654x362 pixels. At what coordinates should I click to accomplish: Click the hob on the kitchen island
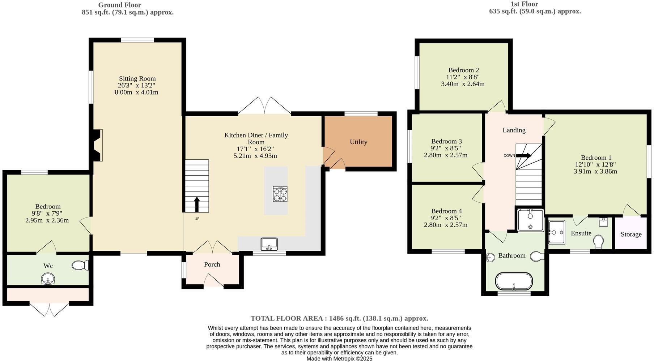pyautogui.click(x=280, y=194)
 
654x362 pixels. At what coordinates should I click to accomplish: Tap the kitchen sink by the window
pyautogui.click(x=269, y=244)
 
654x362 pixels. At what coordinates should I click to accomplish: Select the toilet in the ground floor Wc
pyautogui.click(x=80, y=266)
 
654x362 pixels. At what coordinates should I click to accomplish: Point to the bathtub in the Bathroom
pyautogui.click(x=514, y=281)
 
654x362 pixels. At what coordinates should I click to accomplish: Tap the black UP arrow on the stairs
pyautogui.click(x=197, y=204)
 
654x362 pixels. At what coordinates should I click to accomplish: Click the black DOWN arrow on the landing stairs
pyautogui.click(x=523, y=156)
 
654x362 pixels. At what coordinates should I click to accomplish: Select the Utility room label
pyautogui.click(x=358, y=142)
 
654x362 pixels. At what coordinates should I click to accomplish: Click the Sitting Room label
pyautogui.click(x=137, y=78)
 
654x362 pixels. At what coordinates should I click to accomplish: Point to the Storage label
pyautogui.click(x=631, y=234)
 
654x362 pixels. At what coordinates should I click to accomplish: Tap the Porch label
pyautogui.click(x=212, y=264)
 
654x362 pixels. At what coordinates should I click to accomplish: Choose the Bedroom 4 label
pyautogui.click(x=446, y=211)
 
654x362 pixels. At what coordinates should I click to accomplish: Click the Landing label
pyautogui.click(x=514, y=130)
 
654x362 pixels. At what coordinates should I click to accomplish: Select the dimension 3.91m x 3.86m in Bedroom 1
pyautogui.click(x=595, y=171)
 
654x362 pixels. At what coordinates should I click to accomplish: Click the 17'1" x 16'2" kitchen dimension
pyautogui.click(x=256, y=149)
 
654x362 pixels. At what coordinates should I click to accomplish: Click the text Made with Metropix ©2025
pyautogui.click(x=339, y=359)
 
